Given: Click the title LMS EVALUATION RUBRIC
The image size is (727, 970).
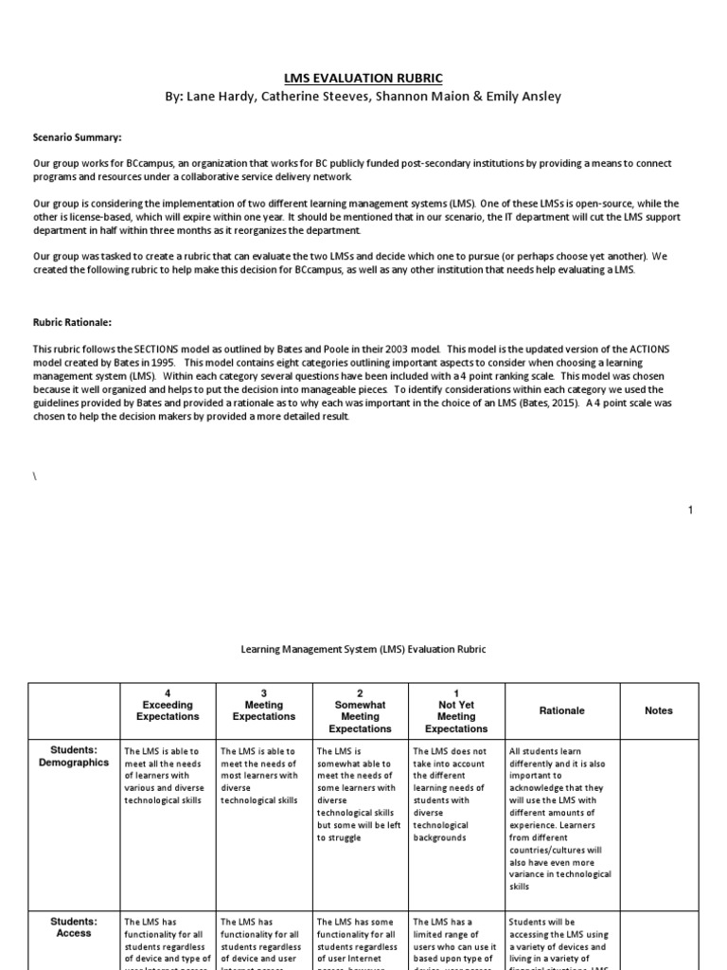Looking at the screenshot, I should [363, 78].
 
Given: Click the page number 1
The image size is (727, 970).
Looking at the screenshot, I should [691, 511].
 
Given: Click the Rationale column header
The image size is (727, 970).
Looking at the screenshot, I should [561, 710].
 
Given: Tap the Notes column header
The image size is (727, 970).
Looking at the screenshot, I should [658, 710].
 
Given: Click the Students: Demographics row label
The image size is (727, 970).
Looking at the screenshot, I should [74, 756].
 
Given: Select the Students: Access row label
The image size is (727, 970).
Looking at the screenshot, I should [74, 926].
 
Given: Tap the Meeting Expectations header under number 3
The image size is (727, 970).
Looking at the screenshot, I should [263, 710].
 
